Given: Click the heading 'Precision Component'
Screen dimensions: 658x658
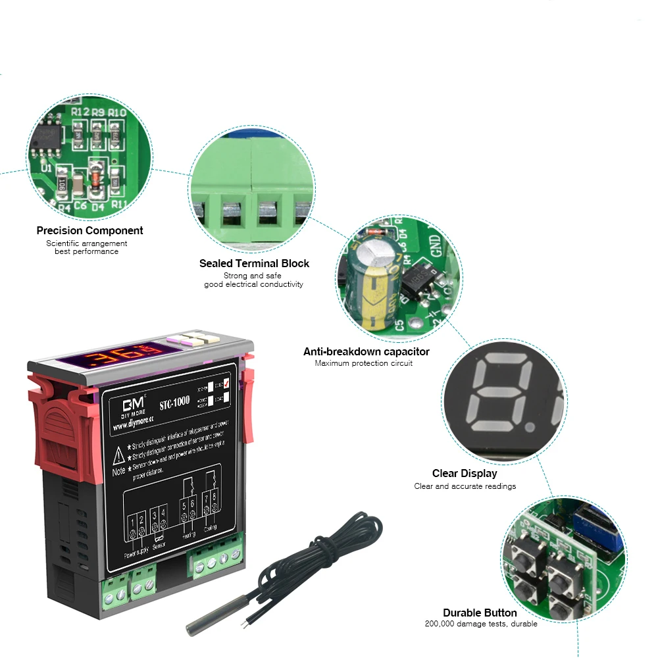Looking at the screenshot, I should pyautogui.click(x=89, y=230).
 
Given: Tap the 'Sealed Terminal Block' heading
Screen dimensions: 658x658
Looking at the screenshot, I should pyautogui.click(x=254, y=263).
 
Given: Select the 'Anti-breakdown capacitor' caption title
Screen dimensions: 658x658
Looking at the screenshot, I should pyautogui.click(x=366, y=351).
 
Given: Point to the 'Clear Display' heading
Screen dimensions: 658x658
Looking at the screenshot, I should pyautogui.click(x=465, y=473).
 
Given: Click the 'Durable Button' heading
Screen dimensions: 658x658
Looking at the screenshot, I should pyautogui.click(x=480, y=613).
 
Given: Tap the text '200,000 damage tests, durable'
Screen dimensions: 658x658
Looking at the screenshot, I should pyautogui.click(x=481, y=624).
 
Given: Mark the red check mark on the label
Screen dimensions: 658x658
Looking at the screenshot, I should pyautogui.click(x=226, y=384).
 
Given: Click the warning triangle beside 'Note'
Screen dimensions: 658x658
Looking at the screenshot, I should pyautogui.click(x=118, y=455).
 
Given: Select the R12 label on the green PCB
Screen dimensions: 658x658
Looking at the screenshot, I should pyautogui.click(x=80, y=113).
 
